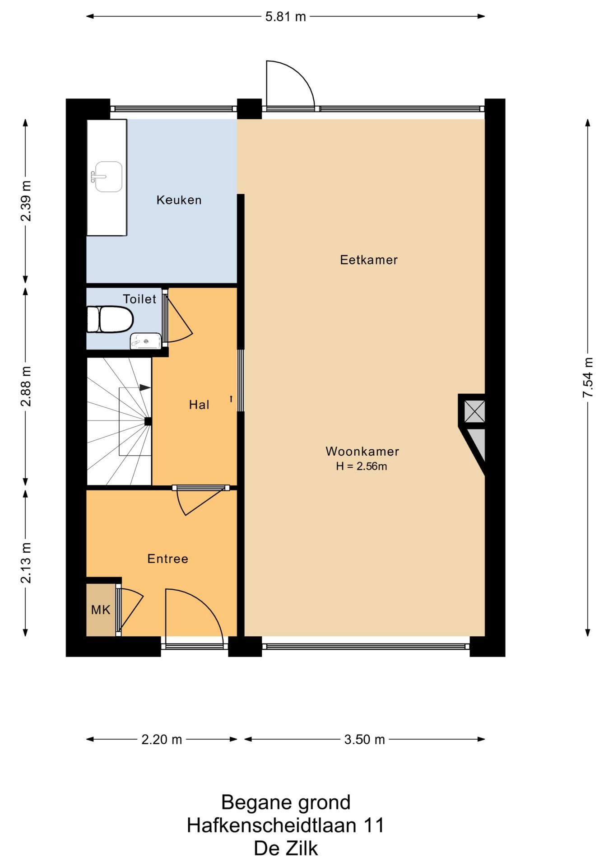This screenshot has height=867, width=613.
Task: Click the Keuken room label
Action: click(x=179, y=200)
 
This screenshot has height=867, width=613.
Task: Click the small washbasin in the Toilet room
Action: click(x=145, y=341)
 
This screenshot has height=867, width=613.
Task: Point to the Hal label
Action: click(x=199, y=405)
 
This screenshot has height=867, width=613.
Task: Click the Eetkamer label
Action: click(x=368, y=260)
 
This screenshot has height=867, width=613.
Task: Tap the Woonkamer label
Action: click(x=362, y=452)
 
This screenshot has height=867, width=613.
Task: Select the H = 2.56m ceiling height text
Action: click(x=361, y=466)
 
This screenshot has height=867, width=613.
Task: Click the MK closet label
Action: click(x=101, y=610)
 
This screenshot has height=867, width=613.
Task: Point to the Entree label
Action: click(x=167, y=559)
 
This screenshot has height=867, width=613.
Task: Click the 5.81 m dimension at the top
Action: click(x=285, y=17)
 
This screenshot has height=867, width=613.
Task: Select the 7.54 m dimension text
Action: click(x=588, y=378)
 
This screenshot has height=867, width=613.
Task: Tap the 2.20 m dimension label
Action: click(x=162, y=740)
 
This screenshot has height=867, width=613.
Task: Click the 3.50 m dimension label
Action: click(x=364, y=740)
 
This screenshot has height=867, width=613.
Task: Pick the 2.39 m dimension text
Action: click(x=26, y=201)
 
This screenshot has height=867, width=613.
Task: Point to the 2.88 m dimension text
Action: click(x=26, y=387)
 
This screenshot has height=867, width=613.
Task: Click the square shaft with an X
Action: click(x=474, y=411)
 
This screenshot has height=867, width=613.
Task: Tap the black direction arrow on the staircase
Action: click(x=145, y=387)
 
